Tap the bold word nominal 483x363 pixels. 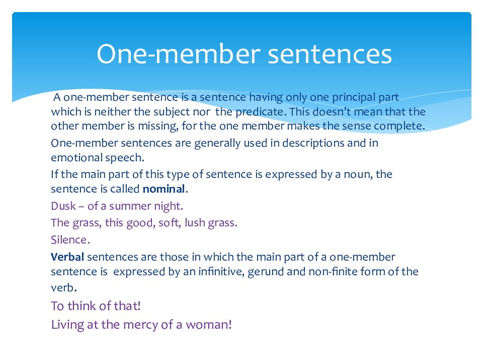(164, 189)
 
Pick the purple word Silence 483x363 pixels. (69, 239)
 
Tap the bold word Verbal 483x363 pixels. (67, 257)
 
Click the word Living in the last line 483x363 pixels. (68, 324)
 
